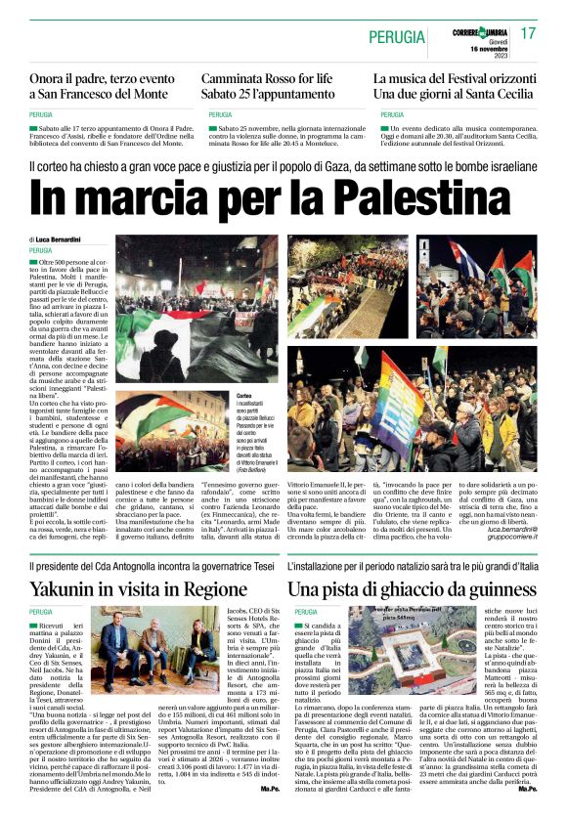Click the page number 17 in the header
pyautogui.click(x=528, y=34)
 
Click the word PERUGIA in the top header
pyautogui.click(x=397, y=37)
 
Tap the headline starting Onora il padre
pyautogui.click(x=98, y=79)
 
